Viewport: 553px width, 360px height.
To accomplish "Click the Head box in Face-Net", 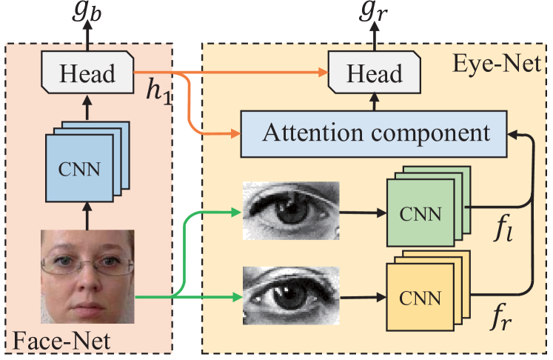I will [87, 74].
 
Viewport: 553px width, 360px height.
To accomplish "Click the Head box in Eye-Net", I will [375, 74].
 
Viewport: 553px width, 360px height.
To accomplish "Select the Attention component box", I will [375, 133].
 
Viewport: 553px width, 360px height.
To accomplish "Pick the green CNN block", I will [418, 214].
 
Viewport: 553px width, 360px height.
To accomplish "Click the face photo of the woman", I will [87, 278].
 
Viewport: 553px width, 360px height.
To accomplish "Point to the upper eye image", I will [291, 212].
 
